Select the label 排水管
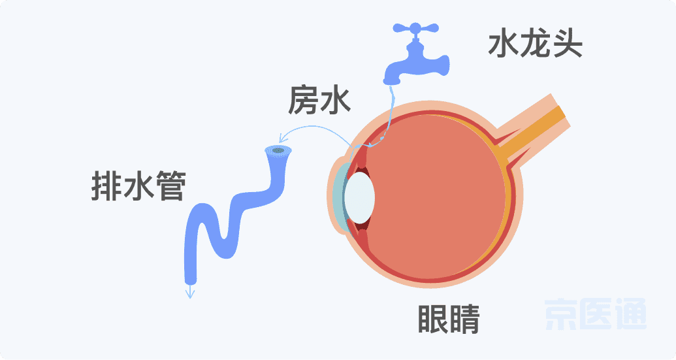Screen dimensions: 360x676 tap(138, 186)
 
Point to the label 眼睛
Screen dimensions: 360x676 tap(449, 319)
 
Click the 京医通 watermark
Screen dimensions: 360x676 tap(595, 314)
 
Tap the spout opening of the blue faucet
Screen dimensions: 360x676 tap(393, 80)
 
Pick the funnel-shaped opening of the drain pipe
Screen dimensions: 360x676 tap(278, 152)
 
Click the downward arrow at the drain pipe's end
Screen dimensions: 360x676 tap(190, 291)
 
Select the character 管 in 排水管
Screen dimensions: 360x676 tap(170, 186)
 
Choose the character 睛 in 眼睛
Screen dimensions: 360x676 tap(464, 319)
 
